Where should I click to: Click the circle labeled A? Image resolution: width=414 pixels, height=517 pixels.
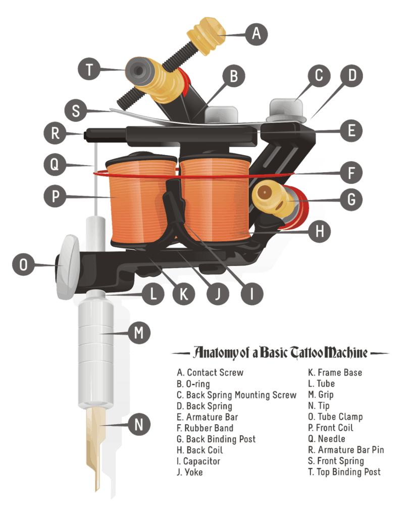tap(256, 34)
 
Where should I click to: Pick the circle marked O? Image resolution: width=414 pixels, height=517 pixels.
tap(24, 264)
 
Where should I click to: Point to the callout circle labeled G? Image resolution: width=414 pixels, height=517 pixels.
tap(351, 199)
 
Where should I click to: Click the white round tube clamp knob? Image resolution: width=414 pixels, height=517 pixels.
tap(68, 266)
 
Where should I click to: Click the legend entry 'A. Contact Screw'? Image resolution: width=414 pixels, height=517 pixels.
tap(210, 373)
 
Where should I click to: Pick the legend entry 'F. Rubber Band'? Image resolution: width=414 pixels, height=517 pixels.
tap(205, 428)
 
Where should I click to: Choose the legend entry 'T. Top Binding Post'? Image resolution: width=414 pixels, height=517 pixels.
tap(344, 472)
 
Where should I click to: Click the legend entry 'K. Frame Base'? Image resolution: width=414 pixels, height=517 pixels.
tap(335, 373)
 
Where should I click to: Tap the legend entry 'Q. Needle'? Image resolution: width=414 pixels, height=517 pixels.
tap(331, 439)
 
